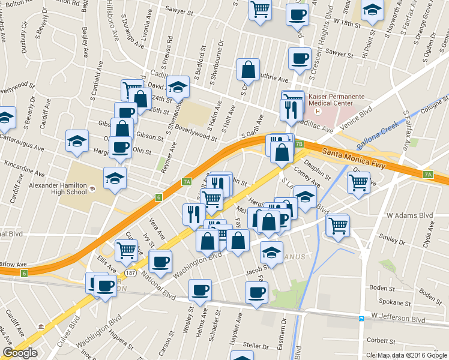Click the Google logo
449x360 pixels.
[x=20, y=353]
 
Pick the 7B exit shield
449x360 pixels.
[x=298, y=145]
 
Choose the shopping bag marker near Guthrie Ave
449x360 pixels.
[x=248, y=71]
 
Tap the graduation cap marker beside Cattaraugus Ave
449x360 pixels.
[x=77, y=141]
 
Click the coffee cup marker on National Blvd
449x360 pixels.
[x=160, y=261]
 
